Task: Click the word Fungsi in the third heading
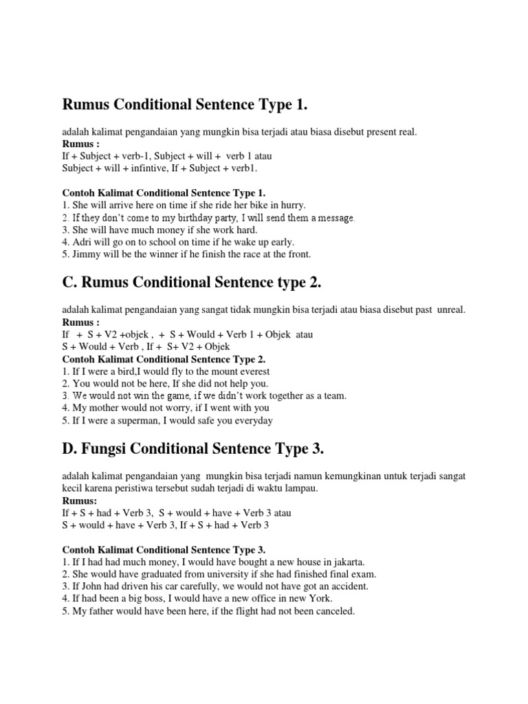(x=109, y=450)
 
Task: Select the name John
(x=93, y=586)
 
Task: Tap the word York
(x=305, y=599)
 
